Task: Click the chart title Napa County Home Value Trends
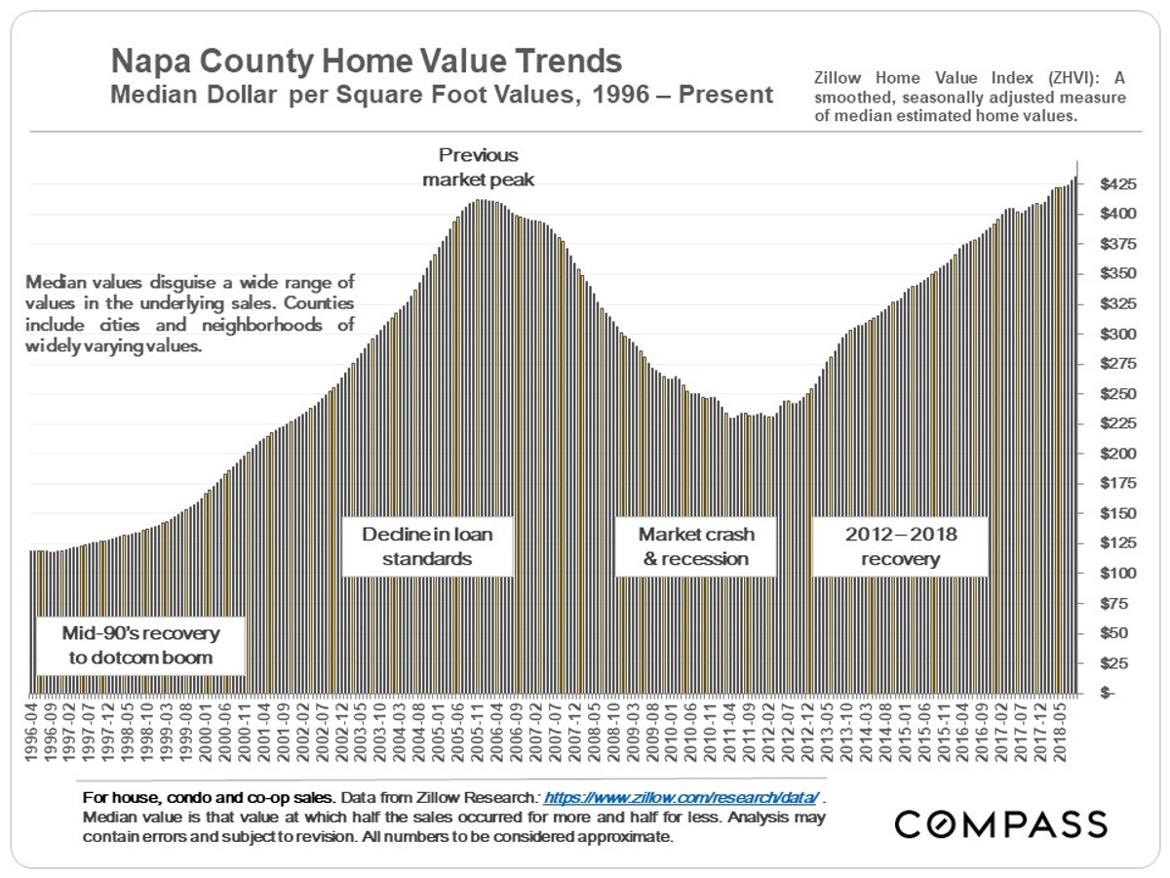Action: click(366, 61)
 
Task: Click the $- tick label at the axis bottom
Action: click(1107, 693)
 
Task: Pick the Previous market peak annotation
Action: click(478, 167)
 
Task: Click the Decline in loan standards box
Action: click(427, 546)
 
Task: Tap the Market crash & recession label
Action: click(695, 546)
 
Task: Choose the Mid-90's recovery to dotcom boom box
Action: click(141, 645)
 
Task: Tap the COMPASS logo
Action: click(1000, 823)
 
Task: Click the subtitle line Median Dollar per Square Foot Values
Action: click(442, 96)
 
